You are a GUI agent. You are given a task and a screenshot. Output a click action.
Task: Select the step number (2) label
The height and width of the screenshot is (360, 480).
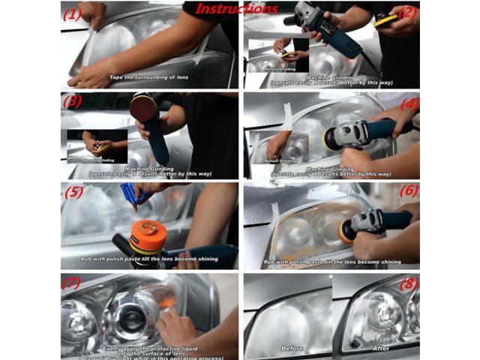pos(407,12)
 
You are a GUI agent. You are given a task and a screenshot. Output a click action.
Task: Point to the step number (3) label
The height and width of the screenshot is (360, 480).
pos(73,102)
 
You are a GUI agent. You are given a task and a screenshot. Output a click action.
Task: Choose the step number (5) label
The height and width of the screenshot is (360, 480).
pos(73,193)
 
